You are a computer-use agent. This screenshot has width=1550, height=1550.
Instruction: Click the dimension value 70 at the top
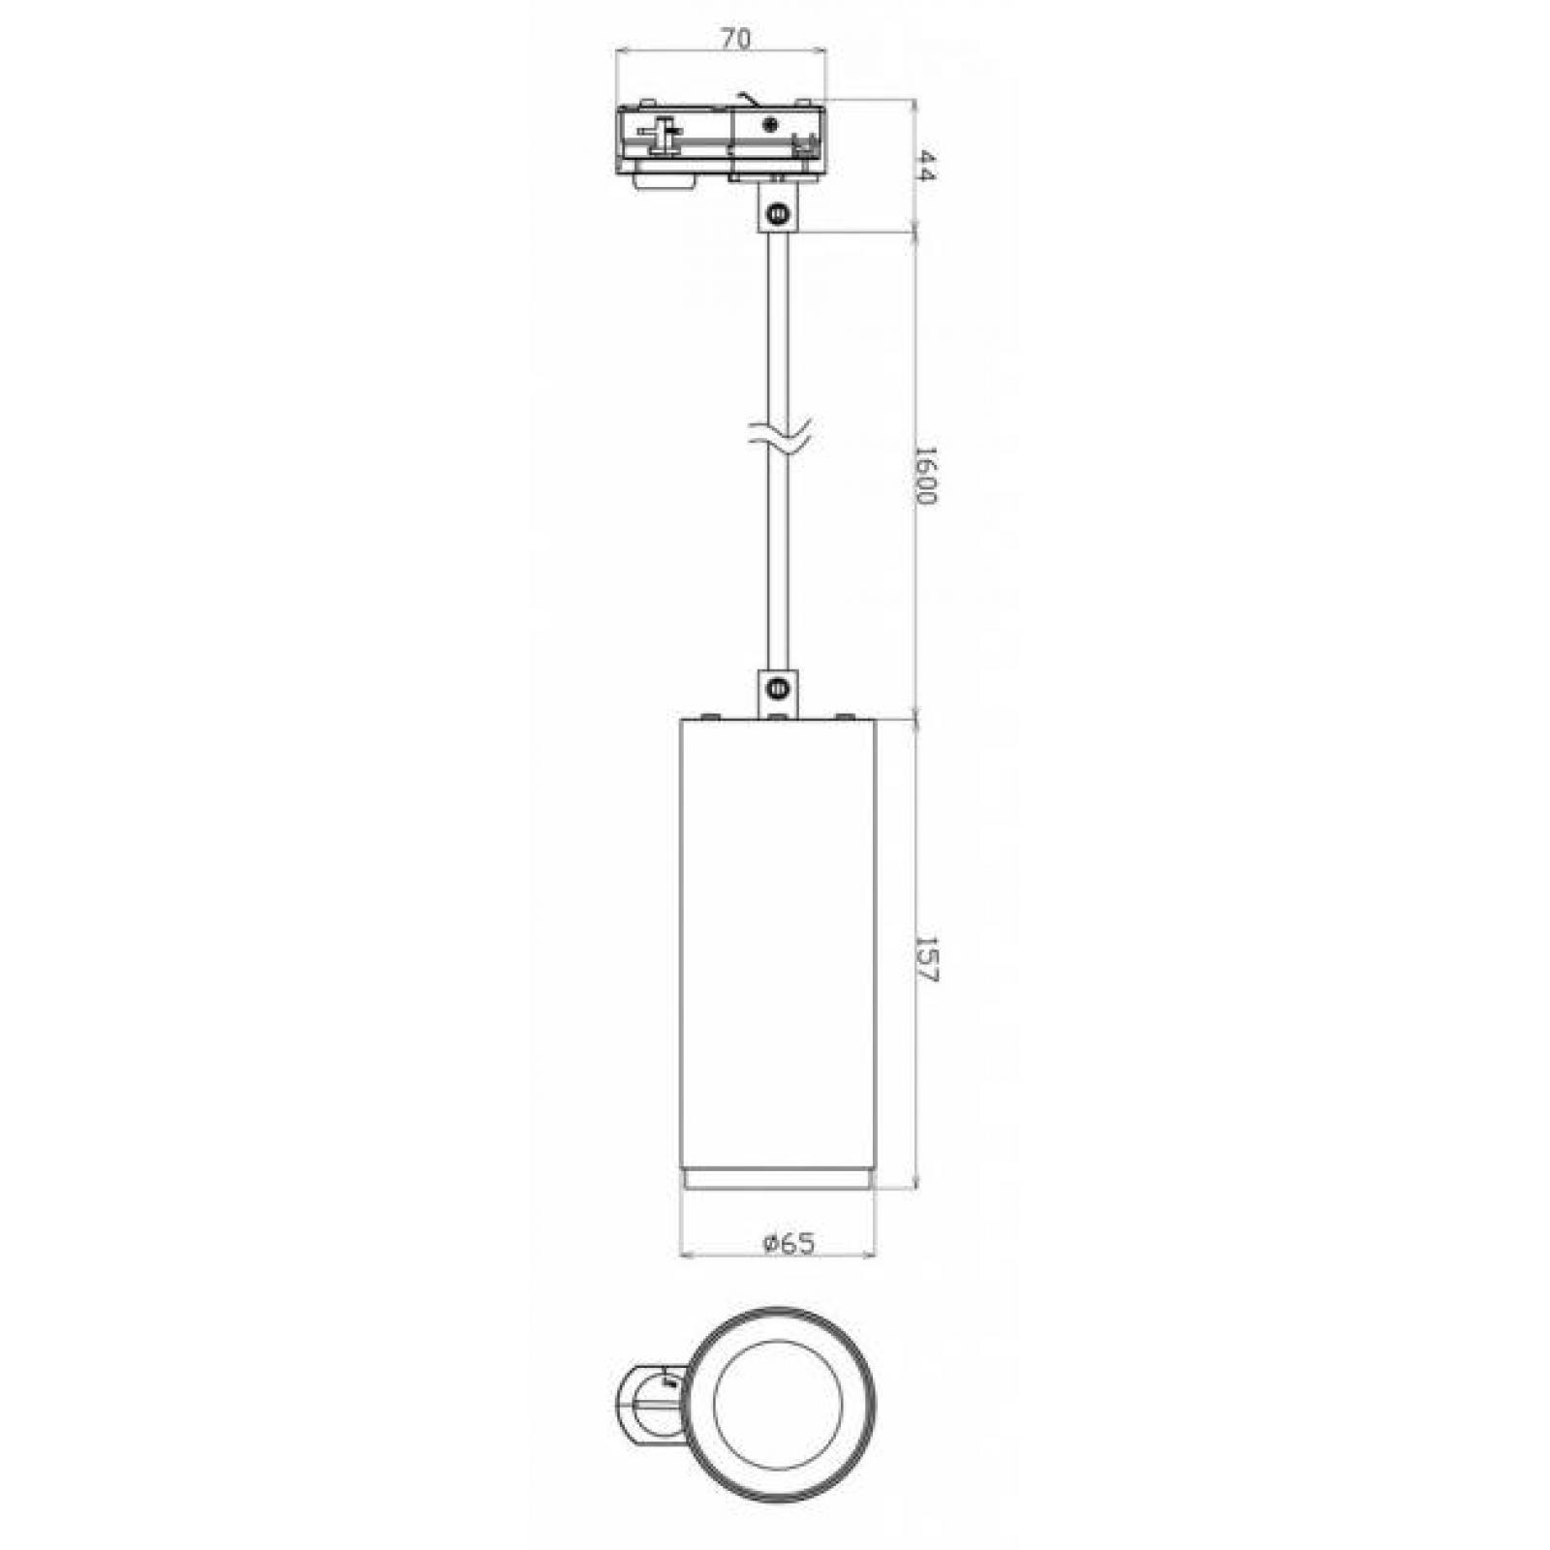tap(735, 39)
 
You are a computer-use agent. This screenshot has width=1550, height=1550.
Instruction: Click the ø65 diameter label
tap(789, 1243)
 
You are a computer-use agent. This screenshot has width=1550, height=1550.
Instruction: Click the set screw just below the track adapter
tap(776, 214)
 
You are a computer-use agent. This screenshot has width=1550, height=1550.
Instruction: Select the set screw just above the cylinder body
tap(776, 689)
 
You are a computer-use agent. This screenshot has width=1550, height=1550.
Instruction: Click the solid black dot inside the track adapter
tap(771, 124)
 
